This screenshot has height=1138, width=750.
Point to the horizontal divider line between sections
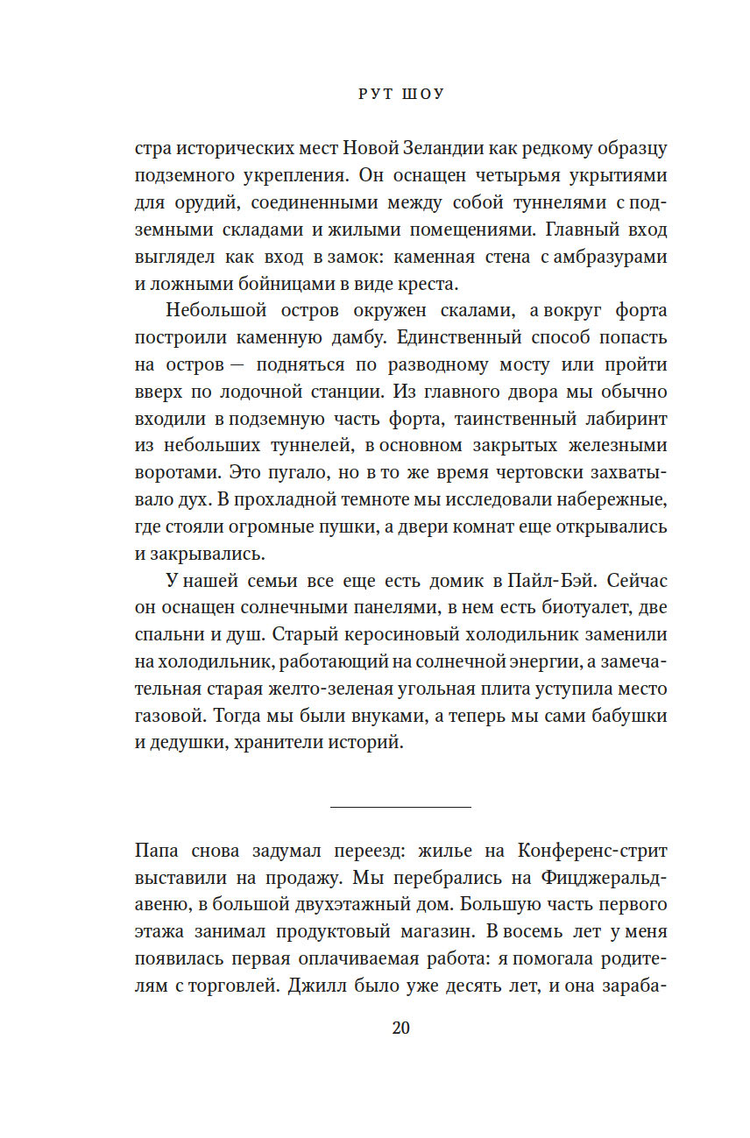coord(400,806)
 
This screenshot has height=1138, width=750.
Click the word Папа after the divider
coord(158,852)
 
